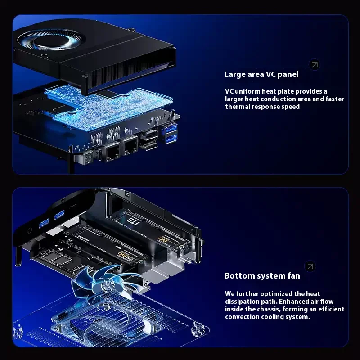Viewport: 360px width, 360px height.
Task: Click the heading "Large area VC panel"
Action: tap(261, 74)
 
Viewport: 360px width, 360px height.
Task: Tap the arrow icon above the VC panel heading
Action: tap(315, 65)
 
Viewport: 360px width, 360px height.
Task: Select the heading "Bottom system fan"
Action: tap(262, 275)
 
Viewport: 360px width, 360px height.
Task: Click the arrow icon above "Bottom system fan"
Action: tap(310, 266)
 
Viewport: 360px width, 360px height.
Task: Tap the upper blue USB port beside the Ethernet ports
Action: tap(171, 130)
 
